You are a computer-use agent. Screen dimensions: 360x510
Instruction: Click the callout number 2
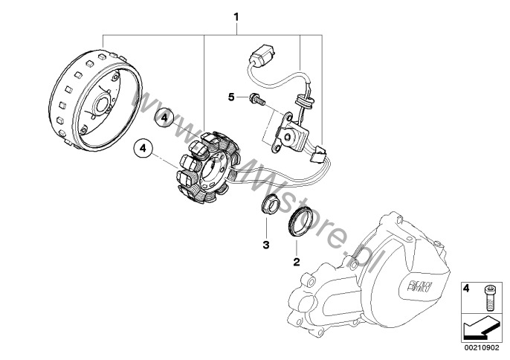[x=296, y=261]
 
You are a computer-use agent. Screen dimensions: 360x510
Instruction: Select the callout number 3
[x=265, y=244]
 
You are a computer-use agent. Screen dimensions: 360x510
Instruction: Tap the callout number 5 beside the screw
[x=231, y=97]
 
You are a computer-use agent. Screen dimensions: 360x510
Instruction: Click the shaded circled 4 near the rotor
[x=166, y=117]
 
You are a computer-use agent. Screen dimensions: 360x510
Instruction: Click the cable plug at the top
[x=261, y=57]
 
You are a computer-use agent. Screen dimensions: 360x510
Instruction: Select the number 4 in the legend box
[x=467, y=287]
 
